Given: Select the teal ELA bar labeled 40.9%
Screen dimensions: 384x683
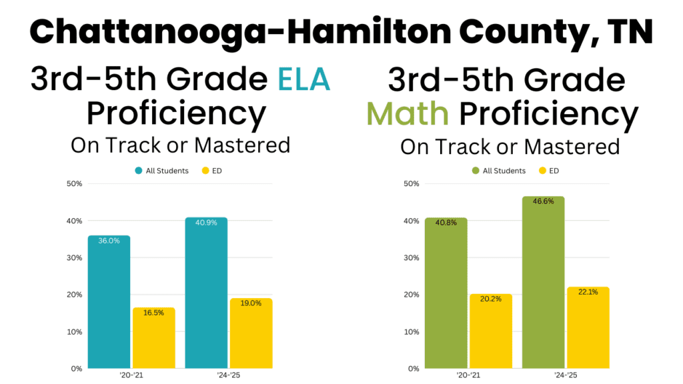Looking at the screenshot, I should [206, 293].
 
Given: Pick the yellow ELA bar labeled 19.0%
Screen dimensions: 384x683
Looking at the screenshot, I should [251, 333].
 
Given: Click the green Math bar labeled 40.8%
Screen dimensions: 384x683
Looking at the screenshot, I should [446, 293].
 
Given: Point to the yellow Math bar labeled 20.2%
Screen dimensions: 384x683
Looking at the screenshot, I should [490, 331].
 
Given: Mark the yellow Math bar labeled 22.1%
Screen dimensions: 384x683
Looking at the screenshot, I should [588, 327].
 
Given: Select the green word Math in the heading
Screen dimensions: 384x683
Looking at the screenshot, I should [408, 114].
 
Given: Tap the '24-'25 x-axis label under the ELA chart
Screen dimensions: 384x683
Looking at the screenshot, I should [229, 375].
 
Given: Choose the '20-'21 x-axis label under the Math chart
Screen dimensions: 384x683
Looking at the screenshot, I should [468, 375].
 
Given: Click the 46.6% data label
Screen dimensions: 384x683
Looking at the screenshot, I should [543, 201].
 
